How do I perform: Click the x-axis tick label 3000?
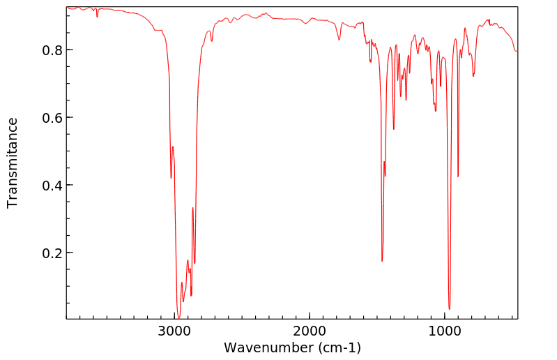[174, 329]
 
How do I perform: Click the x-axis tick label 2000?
[310, 329]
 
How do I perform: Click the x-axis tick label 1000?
[444, 329]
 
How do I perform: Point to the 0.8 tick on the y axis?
[53, 50]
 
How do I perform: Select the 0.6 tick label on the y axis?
[53, 118]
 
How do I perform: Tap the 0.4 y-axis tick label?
[53, 186]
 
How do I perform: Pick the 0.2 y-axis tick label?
[53, 253]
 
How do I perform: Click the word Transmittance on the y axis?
[13, 163]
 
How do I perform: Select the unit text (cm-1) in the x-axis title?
[338, 347]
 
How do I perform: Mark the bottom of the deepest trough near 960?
[450, 308]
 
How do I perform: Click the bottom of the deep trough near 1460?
[382, 260]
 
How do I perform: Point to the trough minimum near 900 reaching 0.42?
[458, 177]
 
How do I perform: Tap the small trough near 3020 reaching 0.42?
[171, 178]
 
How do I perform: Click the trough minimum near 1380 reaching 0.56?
[394, 129]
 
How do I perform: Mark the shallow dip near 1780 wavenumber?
[339, 40]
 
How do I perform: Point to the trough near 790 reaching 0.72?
[473, 75]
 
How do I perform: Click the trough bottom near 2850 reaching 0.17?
[194, 263]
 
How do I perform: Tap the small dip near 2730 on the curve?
[212, 41]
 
